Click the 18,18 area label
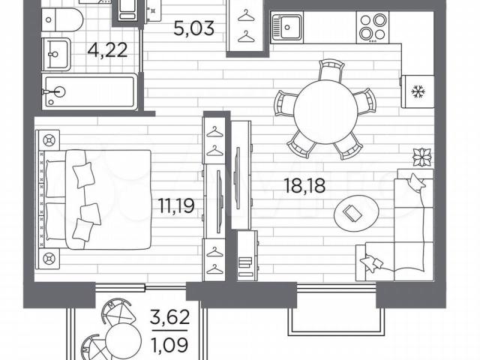click(x=304, y=185)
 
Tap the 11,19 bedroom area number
click(x=177, y=205)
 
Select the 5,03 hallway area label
click(x=193, y=28)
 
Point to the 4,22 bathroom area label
click(x=107, y=50)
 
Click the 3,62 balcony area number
click(x=170, y=317)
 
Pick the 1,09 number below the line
click(x=169, y=345)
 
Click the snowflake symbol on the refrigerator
click(x=417, y=91)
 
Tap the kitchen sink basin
click(x=287, y=27)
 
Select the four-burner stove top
click(x=373, y=27)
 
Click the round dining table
click(x=325, y=112)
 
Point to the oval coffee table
click(x=356, y=211)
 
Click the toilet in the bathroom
click(x=62, y=20)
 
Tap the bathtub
click(x=90, y=91)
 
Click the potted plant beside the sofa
click(x=422, y=157)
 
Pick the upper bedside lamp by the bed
click(x=49, y=140)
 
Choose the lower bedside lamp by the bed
click(x=49, y=259)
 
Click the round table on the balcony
click(x=122, y=340)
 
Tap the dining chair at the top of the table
click(x=331, y=70)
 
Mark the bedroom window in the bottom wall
click(x=141, y=287)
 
